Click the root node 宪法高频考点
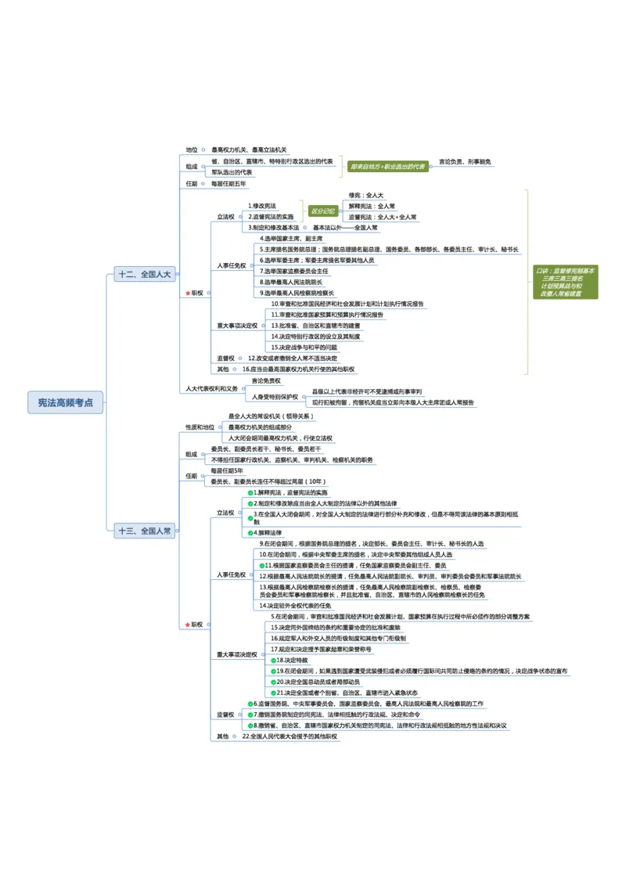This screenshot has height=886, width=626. tap(66, 402)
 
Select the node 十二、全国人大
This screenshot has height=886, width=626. tap(144, 274)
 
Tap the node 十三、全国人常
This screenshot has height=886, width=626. tap(145, 531)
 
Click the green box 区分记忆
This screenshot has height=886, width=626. tap(323, 211)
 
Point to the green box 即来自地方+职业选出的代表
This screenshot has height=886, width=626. tap(388, 166)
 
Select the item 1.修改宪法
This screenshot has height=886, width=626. tap(262, 205)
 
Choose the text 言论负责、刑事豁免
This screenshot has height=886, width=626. tap(465, 162)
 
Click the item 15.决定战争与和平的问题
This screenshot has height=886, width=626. tap(304, 347)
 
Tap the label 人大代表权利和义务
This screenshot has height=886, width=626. tap(212, 388)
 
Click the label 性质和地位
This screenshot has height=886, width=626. tap(200, 427)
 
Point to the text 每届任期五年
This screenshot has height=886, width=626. tap(228, 184)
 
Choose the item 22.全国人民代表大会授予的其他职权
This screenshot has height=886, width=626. tap(290, 737)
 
